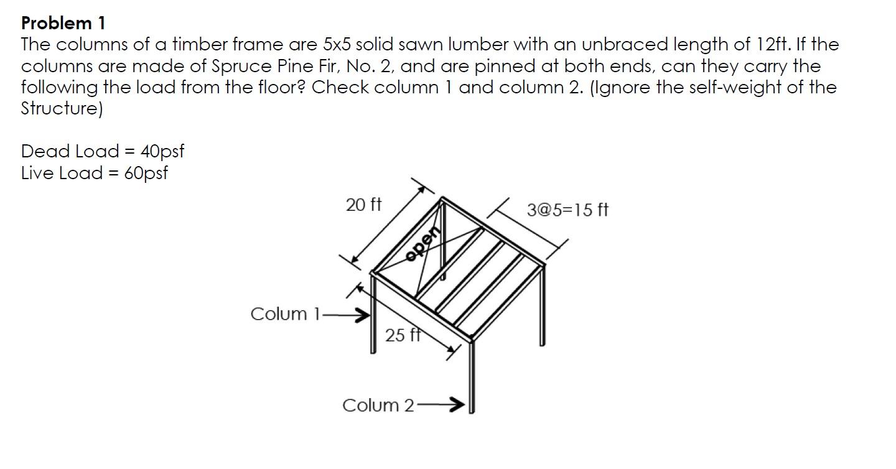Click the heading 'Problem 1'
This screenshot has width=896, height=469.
(x=63, y=23)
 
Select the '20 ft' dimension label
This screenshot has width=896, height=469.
(x=363, y=205)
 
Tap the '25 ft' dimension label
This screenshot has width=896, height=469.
(x=403, y=335)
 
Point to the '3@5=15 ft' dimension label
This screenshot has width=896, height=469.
(x=567, y=210)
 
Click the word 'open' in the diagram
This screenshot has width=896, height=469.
(x=423, y=244)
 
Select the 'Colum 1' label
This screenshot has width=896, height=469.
(x=285, y=314)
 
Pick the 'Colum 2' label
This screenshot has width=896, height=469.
(x=378, y=406)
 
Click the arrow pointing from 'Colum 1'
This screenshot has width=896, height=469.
(x=345, y=315)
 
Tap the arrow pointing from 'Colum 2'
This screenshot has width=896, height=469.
(x=441, y=405)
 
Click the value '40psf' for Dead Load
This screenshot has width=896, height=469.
(x=162, y=152)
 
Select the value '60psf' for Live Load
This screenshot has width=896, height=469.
(x=146, y=174)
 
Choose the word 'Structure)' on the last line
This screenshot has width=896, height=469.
(x=62, y=109)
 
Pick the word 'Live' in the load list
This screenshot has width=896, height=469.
(x=37, y=173)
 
